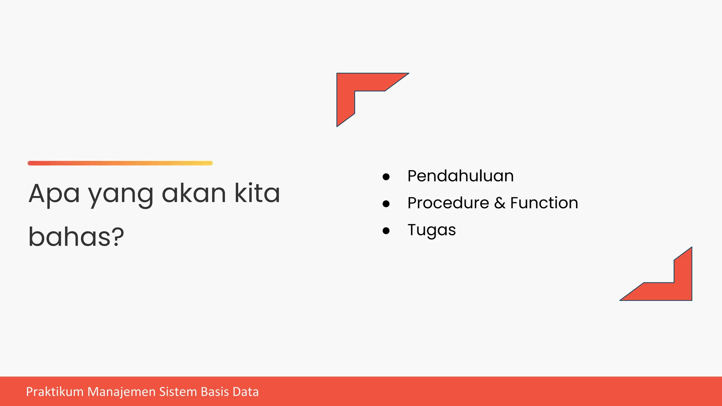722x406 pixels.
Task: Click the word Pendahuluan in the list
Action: click(x=460, y=176)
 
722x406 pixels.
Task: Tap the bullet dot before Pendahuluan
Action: click(x=386, y=177)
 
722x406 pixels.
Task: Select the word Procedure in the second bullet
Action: click(x=448, y=203)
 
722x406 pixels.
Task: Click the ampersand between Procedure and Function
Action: click(x=500, y=203)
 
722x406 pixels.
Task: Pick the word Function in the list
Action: click(x=544, y=203)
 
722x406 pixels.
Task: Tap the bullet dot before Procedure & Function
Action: click(x=386, y=204)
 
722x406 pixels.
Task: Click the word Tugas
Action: click(x=432, y=230)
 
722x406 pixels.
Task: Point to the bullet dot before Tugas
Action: click(x=386, y=231)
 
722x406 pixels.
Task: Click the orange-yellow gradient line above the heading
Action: click(x=120, y=163)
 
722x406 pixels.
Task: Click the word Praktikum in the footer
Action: click(x=55, y=392)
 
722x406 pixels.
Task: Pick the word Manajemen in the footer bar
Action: click(x=121, y=392)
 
